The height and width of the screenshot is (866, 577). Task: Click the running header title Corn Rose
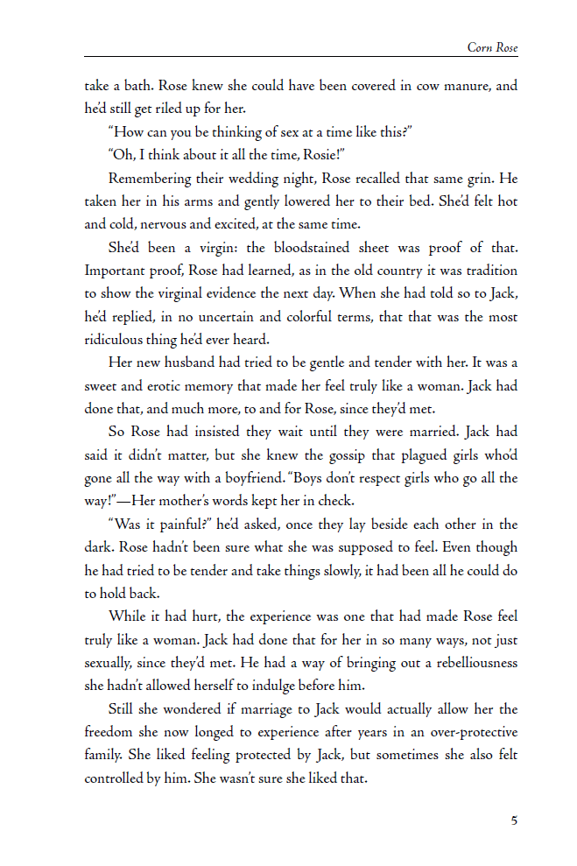point(492,47)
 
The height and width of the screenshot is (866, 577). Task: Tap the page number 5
point(514,820)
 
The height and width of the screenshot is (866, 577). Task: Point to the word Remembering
point(144,179)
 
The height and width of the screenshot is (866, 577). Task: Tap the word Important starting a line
point(112,271)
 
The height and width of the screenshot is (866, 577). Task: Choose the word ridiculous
point(116,340)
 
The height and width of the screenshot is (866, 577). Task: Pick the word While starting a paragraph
point(126,616)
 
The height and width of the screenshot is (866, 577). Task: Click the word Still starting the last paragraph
point(122,708)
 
